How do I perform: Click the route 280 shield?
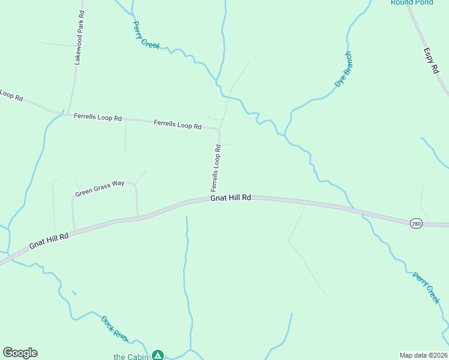pyautogui.click(x=416, y=223)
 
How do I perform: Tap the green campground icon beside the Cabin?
pyautogui.click(x=157, y=355)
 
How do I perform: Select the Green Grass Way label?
pyautogui.click(x=100, y=189)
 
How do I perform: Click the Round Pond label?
pyautogui.click(x=412, y=2)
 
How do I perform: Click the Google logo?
pyautogui.click(x=20, y=353)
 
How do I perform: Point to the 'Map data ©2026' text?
pyautogui.click(x=423, y=355)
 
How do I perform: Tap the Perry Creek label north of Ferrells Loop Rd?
pyautogui.click(x=146, y=35)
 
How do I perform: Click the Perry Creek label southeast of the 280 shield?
pyautogui.click(x=426, y=288)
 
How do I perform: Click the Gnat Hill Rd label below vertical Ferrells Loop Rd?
pyautogui.click(x=231, y=197)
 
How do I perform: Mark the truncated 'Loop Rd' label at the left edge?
pyautogui.click(x=11, y=95)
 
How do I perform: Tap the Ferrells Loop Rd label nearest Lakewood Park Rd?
pyautogui.click(x=98, y=117)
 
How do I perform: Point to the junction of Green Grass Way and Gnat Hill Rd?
pyautogui.click(x=138, y=217)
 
